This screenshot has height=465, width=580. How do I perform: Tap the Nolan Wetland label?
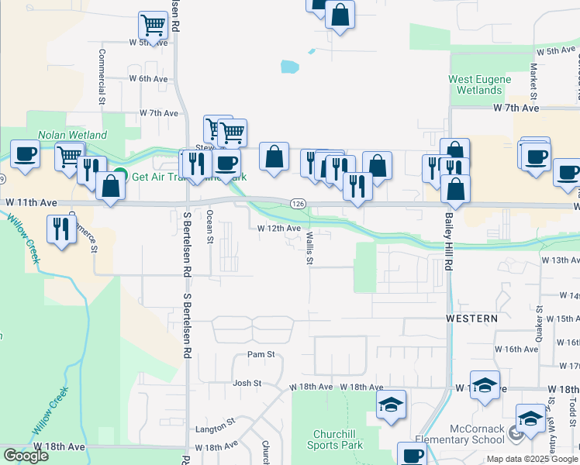[72, 135]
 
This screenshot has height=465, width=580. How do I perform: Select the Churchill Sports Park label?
[337, 439]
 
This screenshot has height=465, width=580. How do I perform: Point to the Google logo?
[26, 456]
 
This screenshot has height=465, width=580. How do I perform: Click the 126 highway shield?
[296, 203]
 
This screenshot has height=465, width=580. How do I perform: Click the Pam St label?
[261, 354]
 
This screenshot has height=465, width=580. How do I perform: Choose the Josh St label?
[244, 383]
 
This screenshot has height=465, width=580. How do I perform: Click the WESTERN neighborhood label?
[471, 319]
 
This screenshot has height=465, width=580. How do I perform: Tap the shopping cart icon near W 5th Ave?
[154, 26]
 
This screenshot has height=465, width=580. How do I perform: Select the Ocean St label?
[209, 226]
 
